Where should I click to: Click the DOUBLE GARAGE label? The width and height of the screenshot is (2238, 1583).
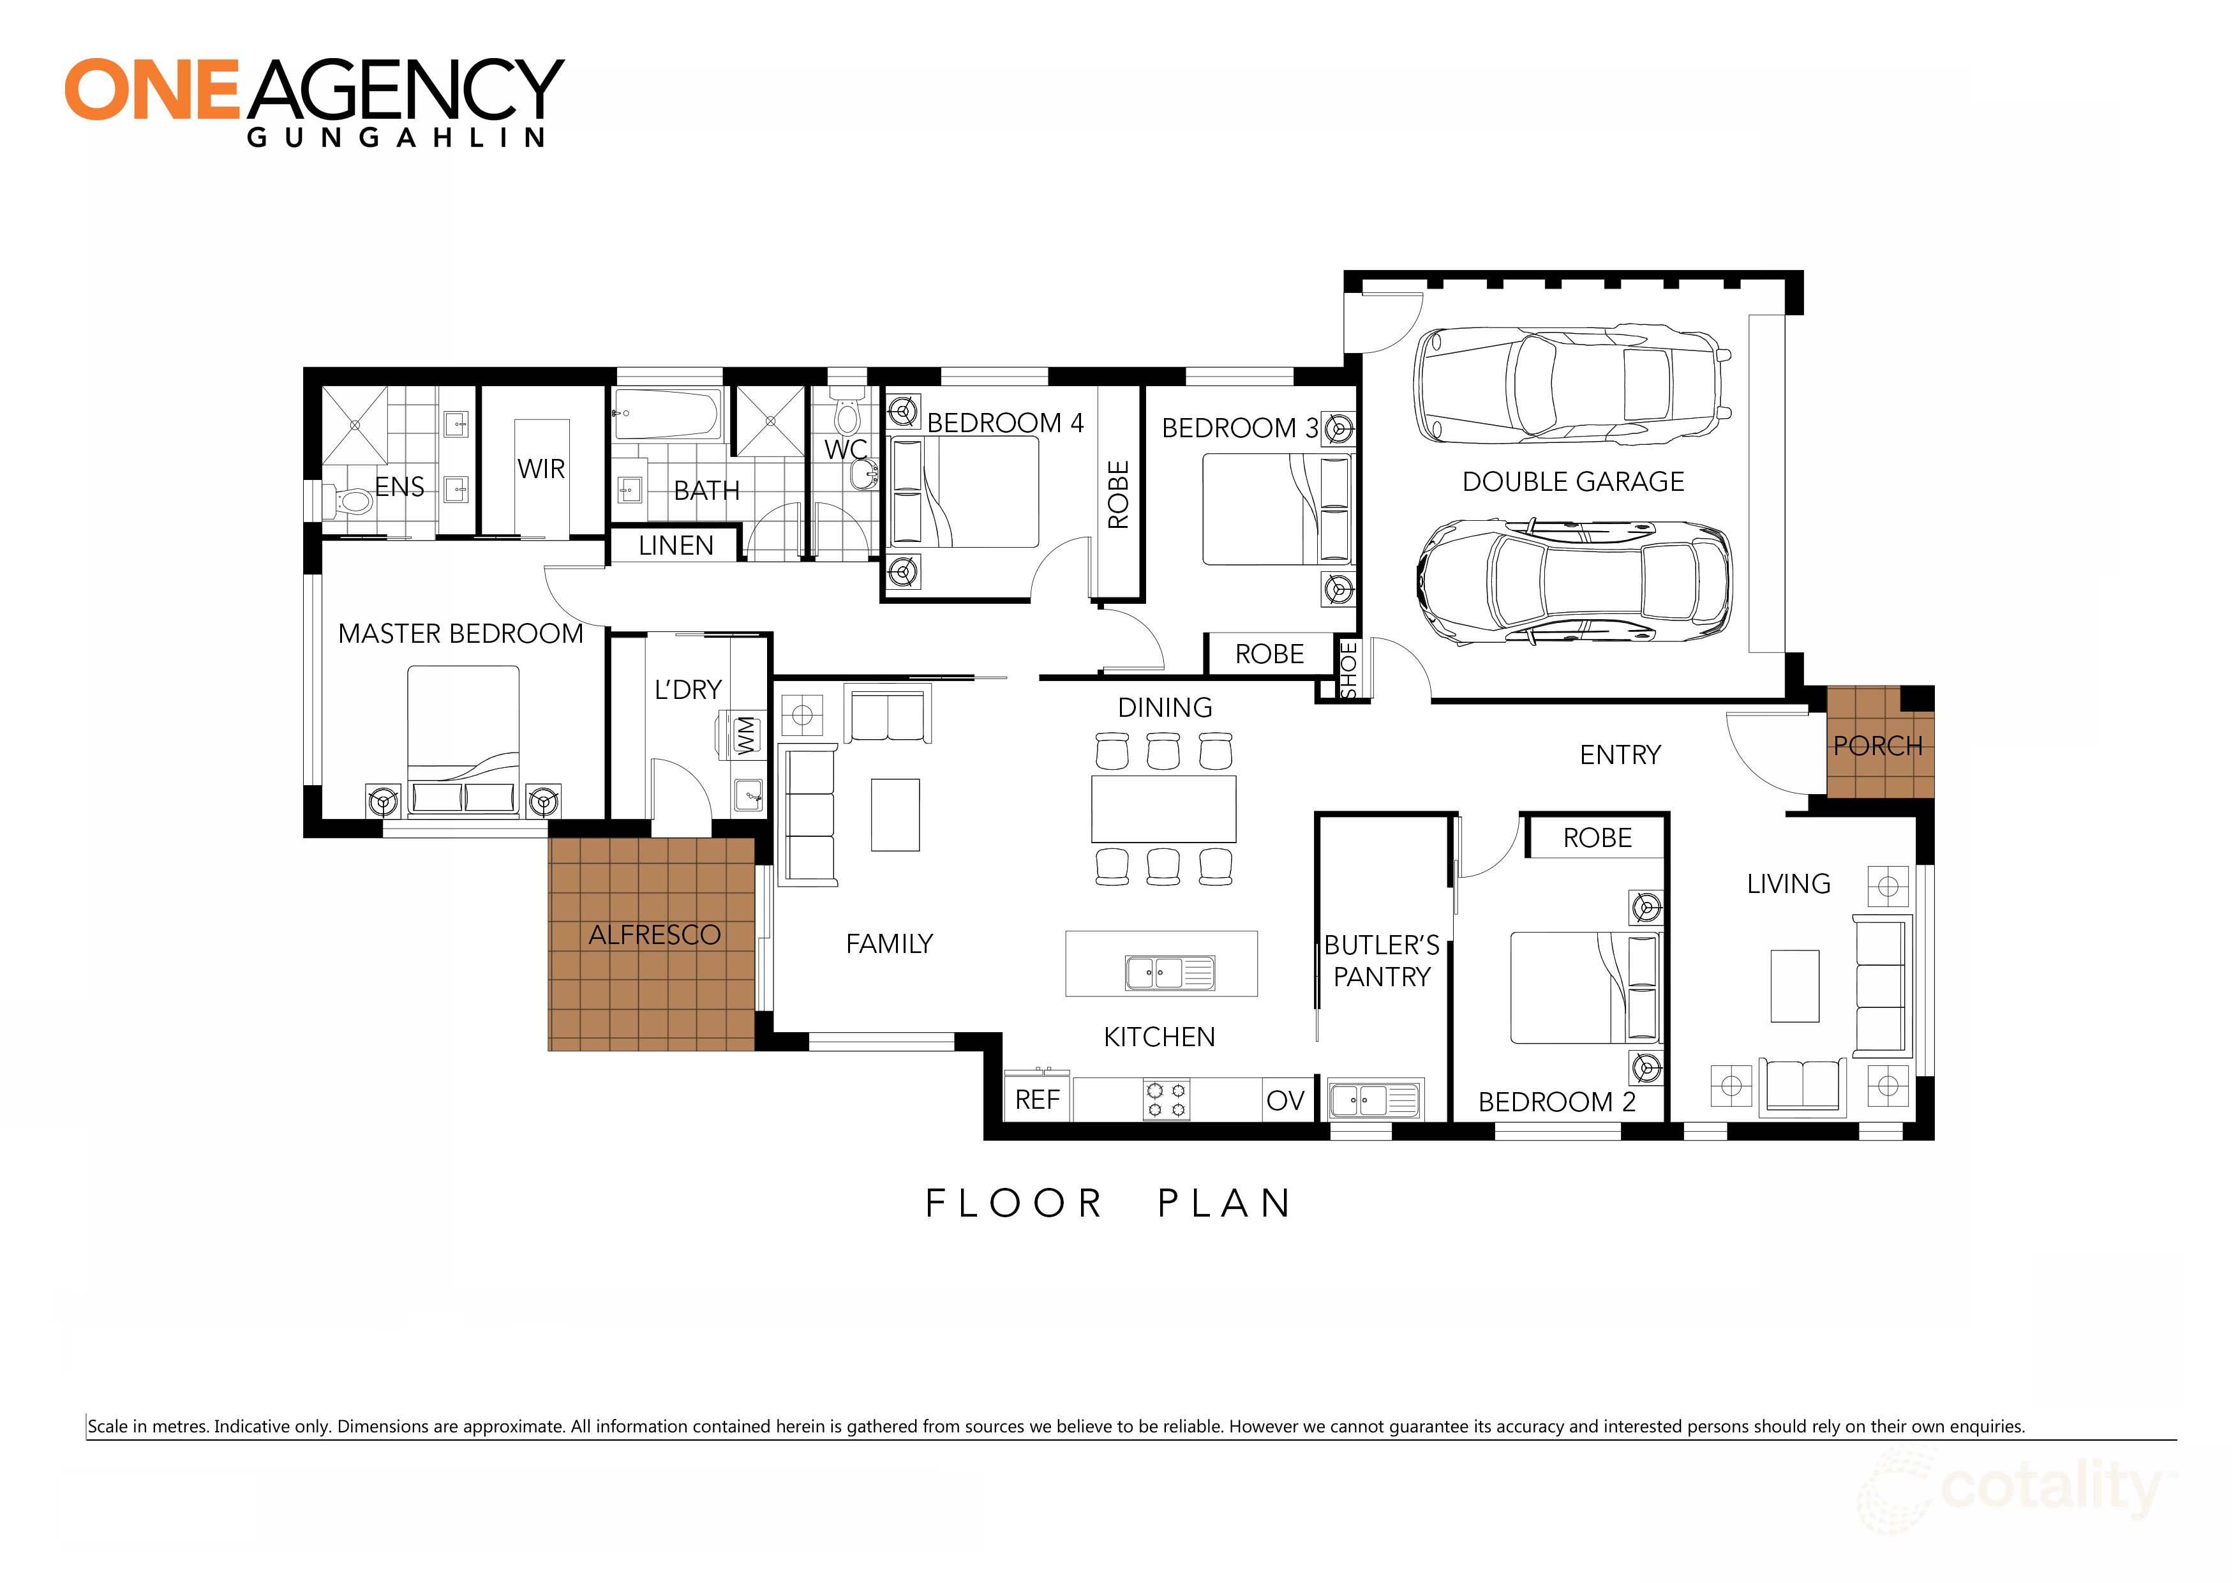pos(1572,481)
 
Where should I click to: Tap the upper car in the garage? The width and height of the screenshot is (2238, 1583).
pos(1571,383)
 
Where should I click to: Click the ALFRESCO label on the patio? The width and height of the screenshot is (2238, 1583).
pos(654,934)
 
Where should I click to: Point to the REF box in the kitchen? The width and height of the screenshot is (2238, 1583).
pos(1036,1100)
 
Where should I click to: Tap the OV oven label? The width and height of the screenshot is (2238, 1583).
pos(1285,1100)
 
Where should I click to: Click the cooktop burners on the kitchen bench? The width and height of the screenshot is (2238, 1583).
pos(1166,1100)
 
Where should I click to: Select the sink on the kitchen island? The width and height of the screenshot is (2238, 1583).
pos(1168,972)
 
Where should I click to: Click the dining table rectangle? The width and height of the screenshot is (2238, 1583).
pos(1163,809)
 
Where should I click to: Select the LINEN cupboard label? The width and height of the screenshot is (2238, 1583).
pos(676,546)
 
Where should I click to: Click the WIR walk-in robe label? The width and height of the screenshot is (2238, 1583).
pos(541,469)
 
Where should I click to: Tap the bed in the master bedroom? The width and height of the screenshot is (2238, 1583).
pos(463,731)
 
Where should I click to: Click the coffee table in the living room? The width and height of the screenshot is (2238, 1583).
pos(1793,986)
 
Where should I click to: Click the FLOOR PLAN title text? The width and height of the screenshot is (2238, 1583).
pos(1108,1204)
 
